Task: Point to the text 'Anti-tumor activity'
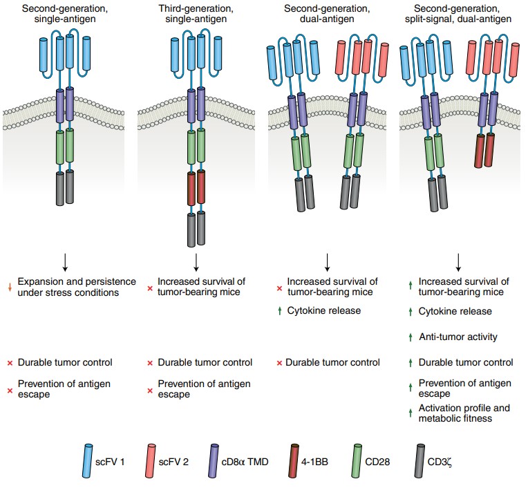coord(458,337)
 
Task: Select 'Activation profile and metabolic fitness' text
coord(464,413)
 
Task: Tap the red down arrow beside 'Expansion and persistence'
coord(10,282)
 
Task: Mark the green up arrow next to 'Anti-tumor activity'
coord(410,337)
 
